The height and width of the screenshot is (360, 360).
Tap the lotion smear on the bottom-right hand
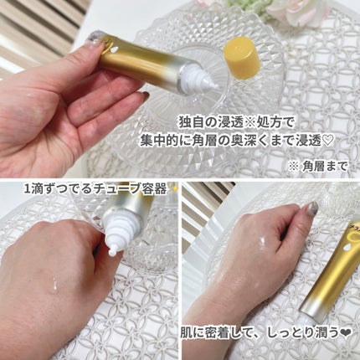tap(261, 241)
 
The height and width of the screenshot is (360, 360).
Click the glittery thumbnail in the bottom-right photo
tap(313, 208)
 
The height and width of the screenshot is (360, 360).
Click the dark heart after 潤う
tap(346, 332)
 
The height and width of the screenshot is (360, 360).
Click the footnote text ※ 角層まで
tap(319, 167)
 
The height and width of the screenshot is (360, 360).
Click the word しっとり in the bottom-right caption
tap(293, 333)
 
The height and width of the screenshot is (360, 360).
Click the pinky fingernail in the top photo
tap(144, 95)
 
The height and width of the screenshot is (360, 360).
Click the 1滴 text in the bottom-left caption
tap(31, 189)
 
